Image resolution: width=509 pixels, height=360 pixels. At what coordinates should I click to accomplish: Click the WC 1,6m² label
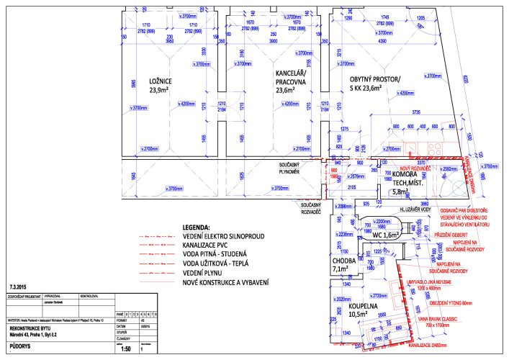coord(386,235)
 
